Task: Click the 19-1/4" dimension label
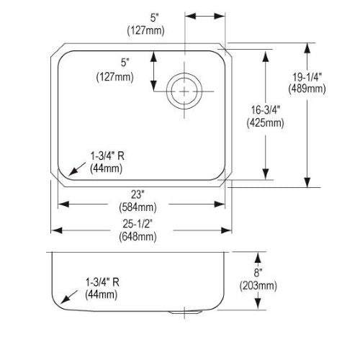(x=307, y=77)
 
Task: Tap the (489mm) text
(x=307, y=89)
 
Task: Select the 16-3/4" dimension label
(x=266, y=110)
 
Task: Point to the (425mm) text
(x=266, y=123)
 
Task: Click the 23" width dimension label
(x=137, y=194)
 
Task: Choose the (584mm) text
(x=138, y=207)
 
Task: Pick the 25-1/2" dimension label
(x=138, y=224)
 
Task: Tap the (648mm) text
(x=138, y=237)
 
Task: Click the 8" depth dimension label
(x=258, y=273)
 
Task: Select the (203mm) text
(x=258, y=286)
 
